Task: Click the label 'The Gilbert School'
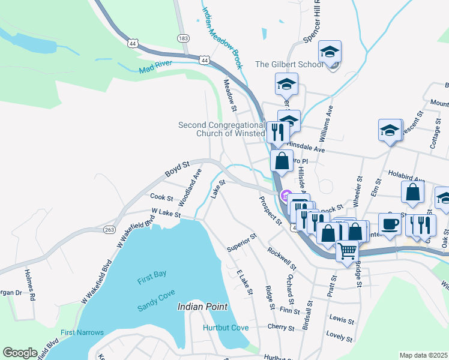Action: (289, 64)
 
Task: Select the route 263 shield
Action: (109, 230)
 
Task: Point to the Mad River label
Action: (155, 67)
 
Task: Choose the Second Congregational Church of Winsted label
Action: (221, 129)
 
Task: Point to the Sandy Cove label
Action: (155, 291)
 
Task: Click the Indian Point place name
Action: (202, 307)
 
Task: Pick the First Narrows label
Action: (82, 332)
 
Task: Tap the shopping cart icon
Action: (347, 251)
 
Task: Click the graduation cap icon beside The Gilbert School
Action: (330, 52)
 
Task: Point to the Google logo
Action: (20, 353)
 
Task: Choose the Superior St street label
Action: (242, 242)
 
